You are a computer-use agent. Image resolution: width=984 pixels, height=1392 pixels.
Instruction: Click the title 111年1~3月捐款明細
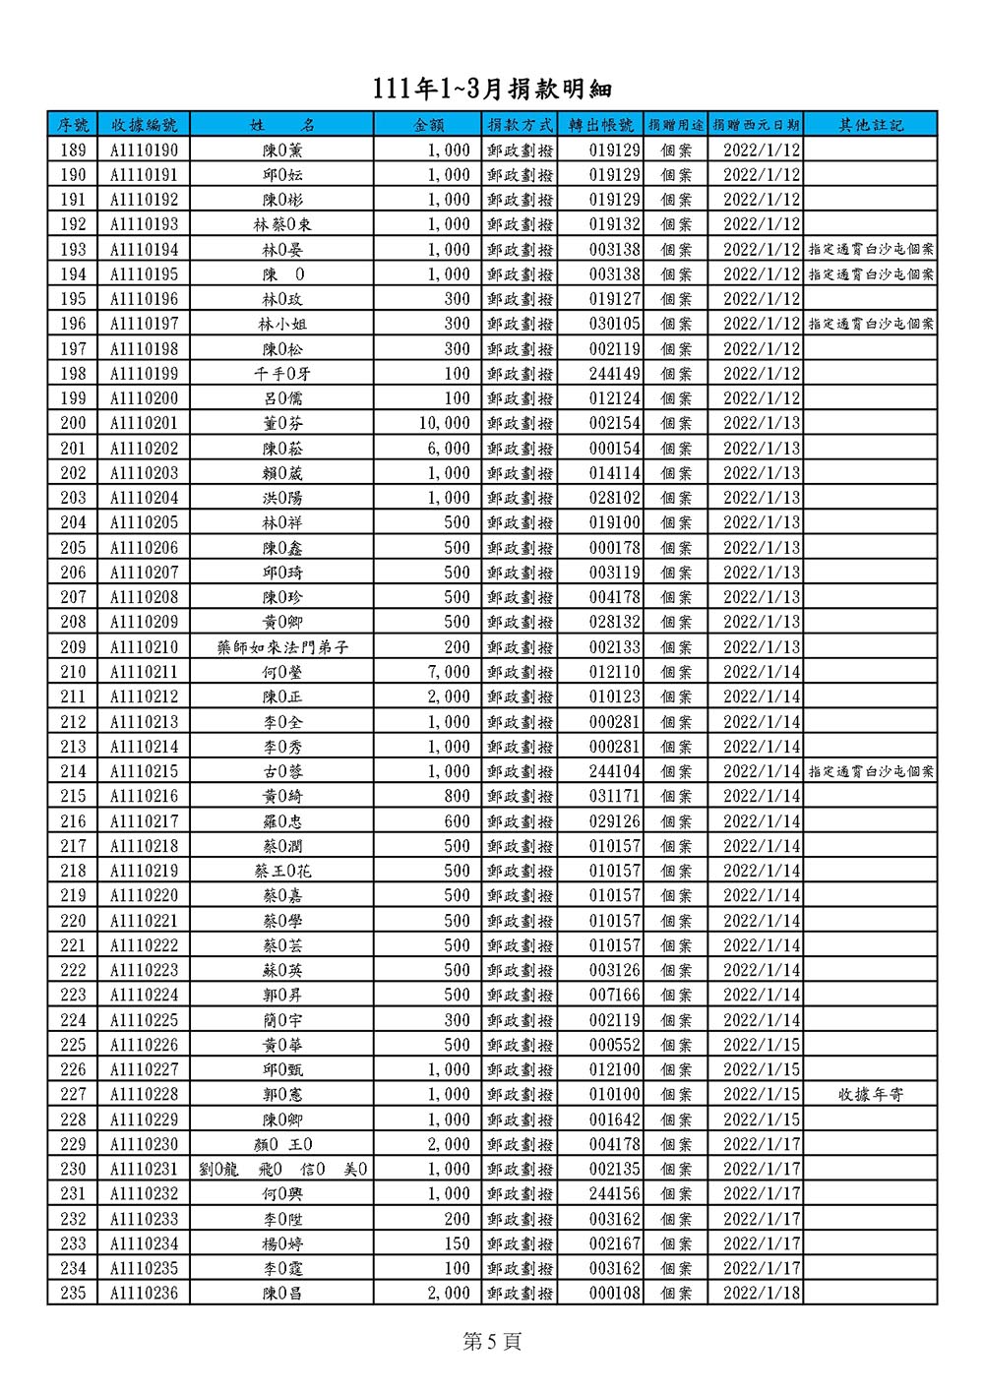[x=492, y=90]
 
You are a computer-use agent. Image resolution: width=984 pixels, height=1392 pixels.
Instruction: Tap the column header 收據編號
[x=144, y=125]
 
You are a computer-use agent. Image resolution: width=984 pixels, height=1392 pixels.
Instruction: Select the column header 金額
[x=429, y=125]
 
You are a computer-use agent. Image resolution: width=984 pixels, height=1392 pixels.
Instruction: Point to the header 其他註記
[x=870, y=125]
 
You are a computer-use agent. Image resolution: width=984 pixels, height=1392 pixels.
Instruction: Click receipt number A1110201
[x=144, y=423]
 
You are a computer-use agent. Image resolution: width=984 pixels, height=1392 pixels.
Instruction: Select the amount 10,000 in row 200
[x=445, y=423]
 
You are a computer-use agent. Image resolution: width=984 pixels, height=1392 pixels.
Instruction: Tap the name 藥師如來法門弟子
[x=282, y=647]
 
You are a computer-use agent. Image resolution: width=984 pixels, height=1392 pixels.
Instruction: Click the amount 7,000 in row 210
[x=449, y=672]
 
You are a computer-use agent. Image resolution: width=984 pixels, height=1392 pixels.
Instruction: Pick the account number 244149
[x=614, y=374]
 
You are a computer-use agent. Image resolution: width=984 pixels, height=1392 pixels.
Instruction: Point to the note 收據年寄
[x=870, y=1094]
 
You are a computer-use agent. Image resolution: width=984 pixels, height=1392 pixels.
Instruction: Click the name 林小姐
[x=282, y=324]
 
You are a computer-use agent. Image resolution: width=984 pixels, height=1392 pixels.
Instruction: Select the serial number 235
[x=73, y=1293]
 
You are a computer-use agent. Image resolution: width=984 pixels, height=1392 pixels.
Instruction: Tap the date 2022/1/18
[x=762, y=1293]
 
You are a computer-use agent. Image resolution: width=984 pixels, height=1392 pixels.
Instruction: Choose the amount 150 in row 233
[x=457, y=1243]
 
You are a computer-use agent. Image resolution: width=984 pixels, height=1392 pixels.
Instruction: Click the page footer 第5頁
[x=492, y=1342]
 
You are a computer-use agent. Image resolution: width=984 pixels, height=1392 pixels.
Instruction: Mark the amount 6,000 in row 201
[x=449, y=448]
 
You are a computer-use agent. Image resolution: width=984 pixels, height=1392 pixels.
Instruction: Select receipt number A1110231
[x=144, y=1169]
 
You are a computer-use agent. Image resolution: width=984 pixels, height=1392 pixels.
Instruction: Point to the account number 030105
[x=614, y=324]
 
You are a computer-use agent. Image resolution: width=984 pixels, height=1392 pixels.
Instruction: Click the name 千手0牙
[x=282, y=374]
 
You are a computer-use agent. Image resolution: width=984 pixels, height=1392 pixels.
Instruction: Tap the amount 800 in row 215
[x=457, y=796]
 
